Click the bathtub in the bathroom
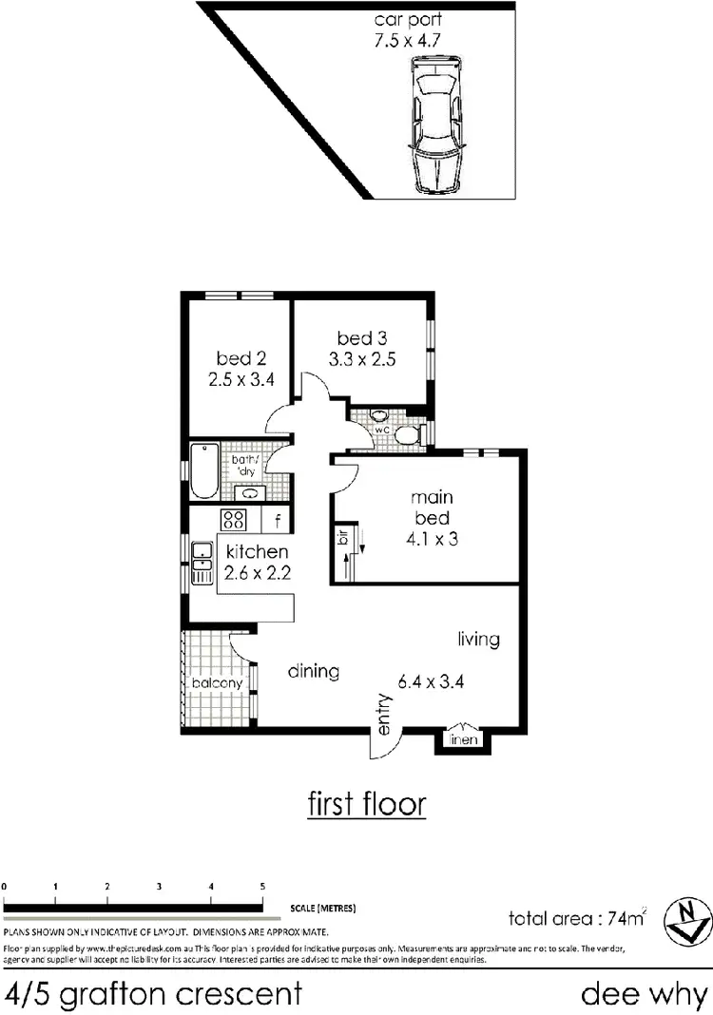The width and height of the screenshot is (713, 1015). (x=203, y=469)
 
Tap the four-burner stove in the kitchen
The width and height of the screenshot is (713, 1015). (x=234, y=520)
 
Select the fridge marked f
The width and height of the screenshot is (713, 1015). (x=277, y=520)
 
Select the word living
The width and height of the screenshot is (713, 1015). (x=478, y=639)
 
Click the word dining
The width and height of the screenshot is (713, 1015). (x=314, y=672)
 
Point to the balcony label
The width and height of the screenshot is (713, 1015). (x=218, y=683)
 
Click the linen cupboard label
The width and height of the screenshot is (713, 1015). (x=464, y=739)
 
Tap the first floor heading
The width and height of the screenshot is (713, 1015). (x=367, y=804)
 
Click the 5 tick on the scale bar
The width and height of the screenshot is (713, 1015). (x=262, y=886)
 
